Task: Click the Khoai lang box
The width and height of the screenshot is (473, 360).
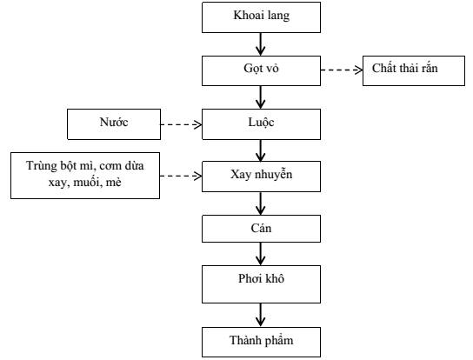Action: pyautogui.click(x=261, y=17)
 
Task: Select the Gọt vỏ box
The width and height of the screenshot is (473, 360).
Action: pyautogui.click(x=261, y=70)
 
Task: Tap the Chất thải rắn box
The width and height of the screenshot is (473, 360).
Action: pyautogui.click(x=414, y=70)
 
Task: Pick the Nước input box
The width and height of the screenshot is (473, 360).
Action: pyautogui.click(x=114, y=124)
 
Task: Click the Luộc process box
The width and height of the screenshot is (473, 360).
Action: pyautogui.click(x=261, y=124)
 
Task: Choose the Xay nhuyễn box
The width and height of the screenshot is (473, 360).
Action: pyautogui.click(x=261, y=177)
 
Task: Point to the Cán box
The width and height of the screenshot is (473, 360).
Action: pyautogui.click(x=261, y=229)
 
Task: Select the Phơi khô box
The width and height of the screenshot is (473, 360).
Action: pyautogui.click(x=261, y=284)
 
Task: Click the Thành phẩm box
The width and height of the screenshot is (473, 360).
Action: pyautogui.click(x=261, y=343)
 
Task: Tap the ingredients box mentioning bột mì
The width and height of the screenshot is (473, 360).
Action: pyautogui.click(x=85, y=176)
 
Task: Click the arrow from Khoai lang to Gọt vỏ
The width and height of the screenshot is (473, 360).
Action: pyautogui.click(x=261, y=44)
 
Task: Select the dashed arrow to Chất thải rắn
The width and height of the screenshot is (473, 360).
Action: pyautogui.click(x=342, y=70)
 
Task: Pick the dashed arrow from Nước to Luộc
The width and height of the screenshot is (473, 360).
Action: pyautogui.click(x=181, y=124)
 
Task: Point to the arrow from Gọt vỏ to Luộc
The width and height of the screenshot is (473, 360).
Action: pyautogui.click(x=261, y=97)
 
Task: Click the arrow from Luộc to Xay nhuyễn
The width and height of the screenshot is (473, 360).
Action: pyautogui.click(x=261, y=150)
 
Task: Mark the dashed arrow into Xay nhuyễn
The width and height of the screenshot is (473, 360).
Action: pyautogui.click(x=181, y=176)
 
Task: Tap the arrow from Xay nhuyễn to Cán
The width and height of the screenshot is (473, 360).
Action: pyautogui.click(x=261, y=203)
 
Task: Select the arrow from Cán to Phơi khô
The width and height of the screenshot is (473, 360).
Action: pyautogui.click(x=261, y=254)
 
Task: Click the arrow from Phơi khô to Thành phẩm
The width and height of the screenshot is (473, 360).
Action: pyautogui.click(x=261, y=315)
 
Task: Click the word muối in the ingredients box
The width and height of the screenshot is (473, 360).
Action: pyautogui.click(x=86, y=183)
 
